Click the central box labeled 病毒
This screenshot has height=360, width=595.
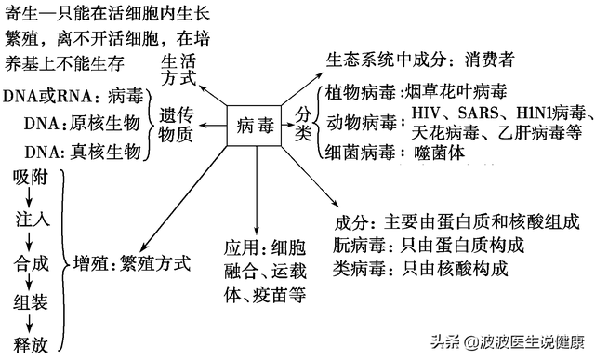coord(254,123)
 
